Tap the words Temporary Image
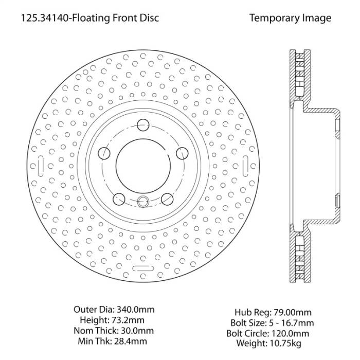(290, 19)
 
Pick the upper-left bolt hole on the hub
(104, 153)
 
